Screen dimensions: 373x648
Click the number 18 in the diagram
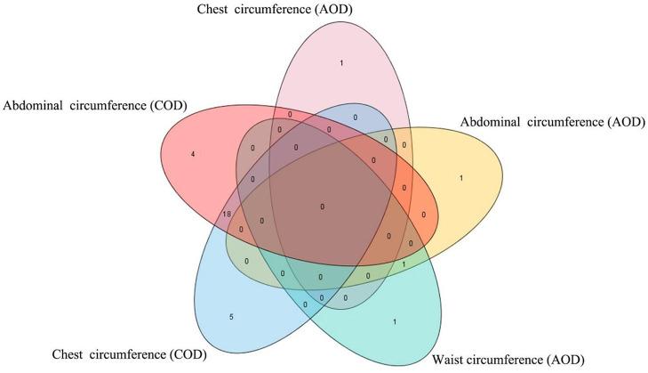(x=228, y=215)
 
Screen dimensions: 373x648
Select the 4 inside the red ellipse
(x=193, y=154)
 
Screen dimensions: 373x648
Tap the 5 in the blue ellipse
(x=232, y=316)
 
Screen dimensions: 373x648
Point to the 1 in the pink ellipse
(x=342, y=62)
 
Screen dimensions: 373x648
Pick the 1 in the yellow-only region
(x=460, y=178)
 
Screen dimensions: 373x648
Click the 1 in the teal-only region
(x=394, y=320)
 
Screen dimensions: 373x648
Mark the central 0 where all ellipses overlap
(x=322, y=207)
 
